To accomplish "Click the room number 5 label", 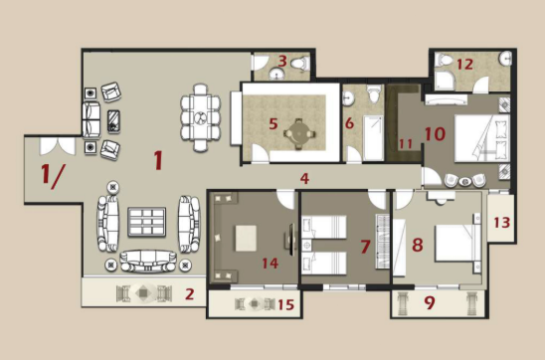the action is tap(273, 123).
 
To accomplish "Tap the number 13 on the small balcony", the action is tap(502, 223).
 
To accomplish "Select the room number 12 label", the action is tap(464, 65).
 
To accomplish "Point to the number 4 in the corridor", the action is tap(304, 179).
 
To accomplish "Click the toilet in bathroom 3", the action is tap(300, 64).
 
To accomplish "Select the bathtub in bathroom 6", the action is tap(373, 138).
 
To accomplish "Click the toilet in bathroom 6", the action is tap(374, 93).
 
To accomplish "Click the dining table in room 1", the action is tap(201, 117).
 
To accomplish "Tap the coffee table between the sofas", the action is tap(146, 222).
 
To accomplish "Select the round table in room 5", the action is tap(298, 133).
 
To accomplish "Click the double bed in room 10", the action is tap(482, 138).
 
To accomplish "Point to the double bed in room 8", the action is tap(458, 243).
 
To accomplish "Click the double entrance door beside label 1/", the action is tap(58, 146).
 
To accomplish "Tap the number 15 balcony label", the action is tap(286, 304).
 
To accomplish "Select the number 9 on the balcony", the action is tap(430, 302).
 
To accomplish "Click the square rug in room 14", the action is tap(246, 238).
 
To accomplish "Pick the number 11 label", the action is tap(406, 143).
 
